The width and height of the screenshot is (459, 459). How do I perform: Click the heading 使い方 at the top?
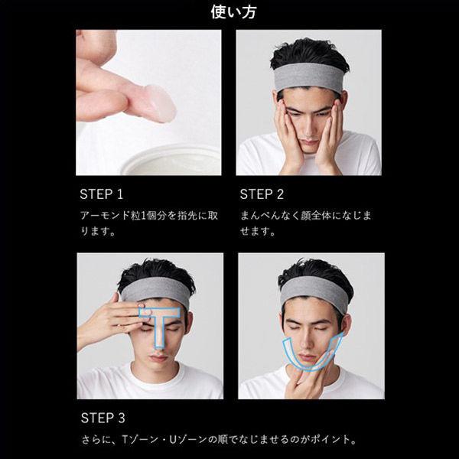229,12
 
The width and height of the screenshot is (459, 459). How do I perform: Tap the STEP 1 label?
102,194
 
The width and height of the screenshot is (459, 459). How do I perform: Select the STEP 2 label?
262,194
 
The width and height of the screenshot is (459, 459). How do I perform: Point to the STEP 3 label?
103,418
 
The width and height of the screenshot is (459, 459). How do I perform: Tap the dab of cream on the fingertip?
159,103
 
